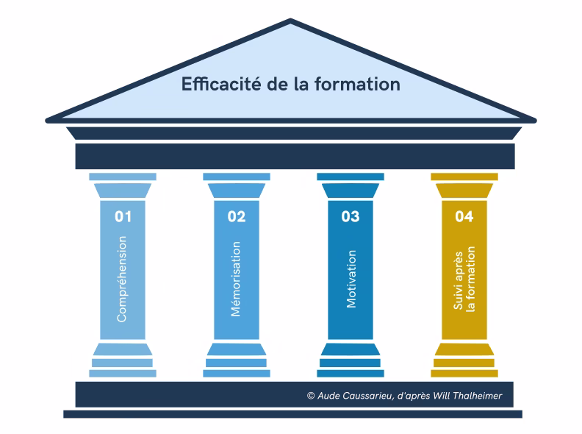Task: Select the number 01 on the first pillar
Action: tap(123, 216)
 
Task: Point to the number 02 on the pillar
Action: tap(237, 216)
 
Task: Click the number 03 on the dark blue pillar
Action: tap(351, 216)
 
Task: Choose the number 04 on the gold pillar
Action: tap(464, 216)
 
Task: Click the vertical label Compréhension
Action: tap(123, 280)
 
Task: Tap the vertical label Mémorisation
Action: tap(237, 280)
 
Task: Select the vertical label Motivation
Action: tap(351, 280)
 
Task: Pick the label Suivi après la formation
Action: tap(464, 280)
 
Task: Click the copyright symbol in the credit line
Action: tap(311, 396)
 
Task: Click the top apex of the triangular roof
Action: tap(291, 22)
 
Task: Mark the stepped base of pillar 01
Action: tap(123, 360)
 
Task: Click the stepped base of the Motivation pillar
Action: tap(351, 360)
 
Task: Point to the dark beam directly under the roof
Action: tap(294, 156)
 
